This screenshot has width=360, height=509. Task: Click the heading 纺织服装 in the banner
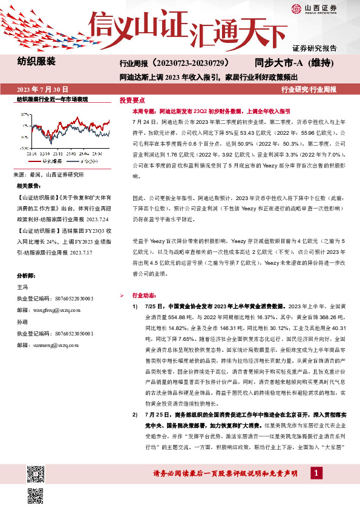36,62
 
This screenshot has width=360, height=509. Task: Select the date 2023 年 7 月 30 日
42,89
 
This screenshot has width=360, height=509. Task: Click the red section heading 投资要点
132,100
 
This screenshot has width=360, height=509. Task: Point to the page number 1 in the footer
316,472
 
